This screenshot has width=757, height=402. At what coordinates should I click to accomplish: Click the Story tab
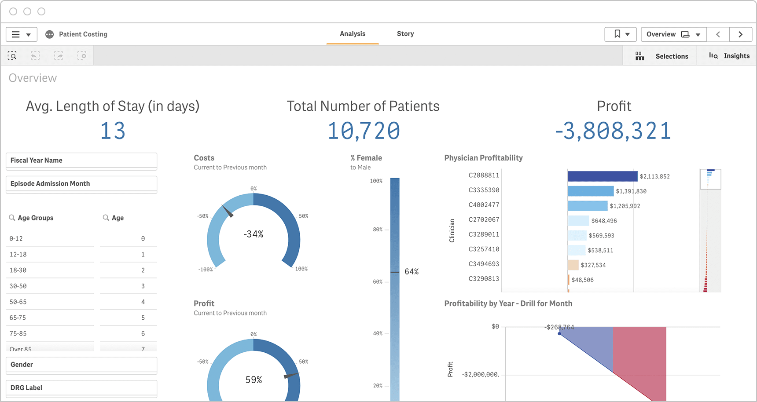[x=405, y=34]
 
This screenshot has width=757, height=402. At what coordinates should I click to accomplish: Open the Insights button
[x=729, y=56]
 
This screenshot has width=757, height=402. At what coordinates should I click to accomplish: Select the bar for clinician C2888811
[x=602, y=176]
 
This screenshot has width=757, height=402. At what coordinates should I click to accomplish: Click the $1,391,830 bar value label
[x=631, y=191]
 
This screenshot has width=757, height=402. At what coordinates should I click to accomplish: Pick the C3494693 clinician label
[x=484, y=264]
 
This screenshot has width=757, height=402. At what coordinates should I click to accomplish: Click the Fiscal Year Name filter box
[x=81, y=161]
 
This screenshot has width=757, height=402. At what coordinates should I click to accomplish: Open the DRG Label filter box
[x=81, y=388]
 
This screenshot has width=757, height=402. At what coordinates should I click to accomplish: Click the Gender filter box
[x=81, y=365]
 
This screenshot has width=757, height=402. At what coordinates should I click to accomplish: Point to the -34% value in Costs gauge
[x=254, y=234]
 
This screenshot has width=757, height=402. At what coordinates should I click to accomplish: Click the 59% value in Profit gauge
[x=254, y=380]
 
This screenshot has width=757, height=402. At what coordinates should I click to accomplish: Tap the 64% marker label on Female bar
[x=412, y=272]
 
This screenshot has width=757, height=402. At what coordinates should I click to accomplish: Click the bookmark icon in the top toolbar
[x=617, y=34]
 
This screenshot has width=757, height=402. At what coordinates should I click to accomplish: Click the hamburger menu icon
[x=16, y=34]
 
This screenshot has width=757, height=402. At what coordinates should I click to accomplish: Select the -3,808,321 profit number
[x=613, y=131]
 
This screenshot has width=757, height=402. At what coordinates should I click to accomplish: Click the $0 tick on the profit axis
[x=495, y=326]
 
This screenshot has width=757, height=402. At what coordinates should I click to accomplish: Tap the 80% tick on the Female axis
[x=378, y=230]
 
